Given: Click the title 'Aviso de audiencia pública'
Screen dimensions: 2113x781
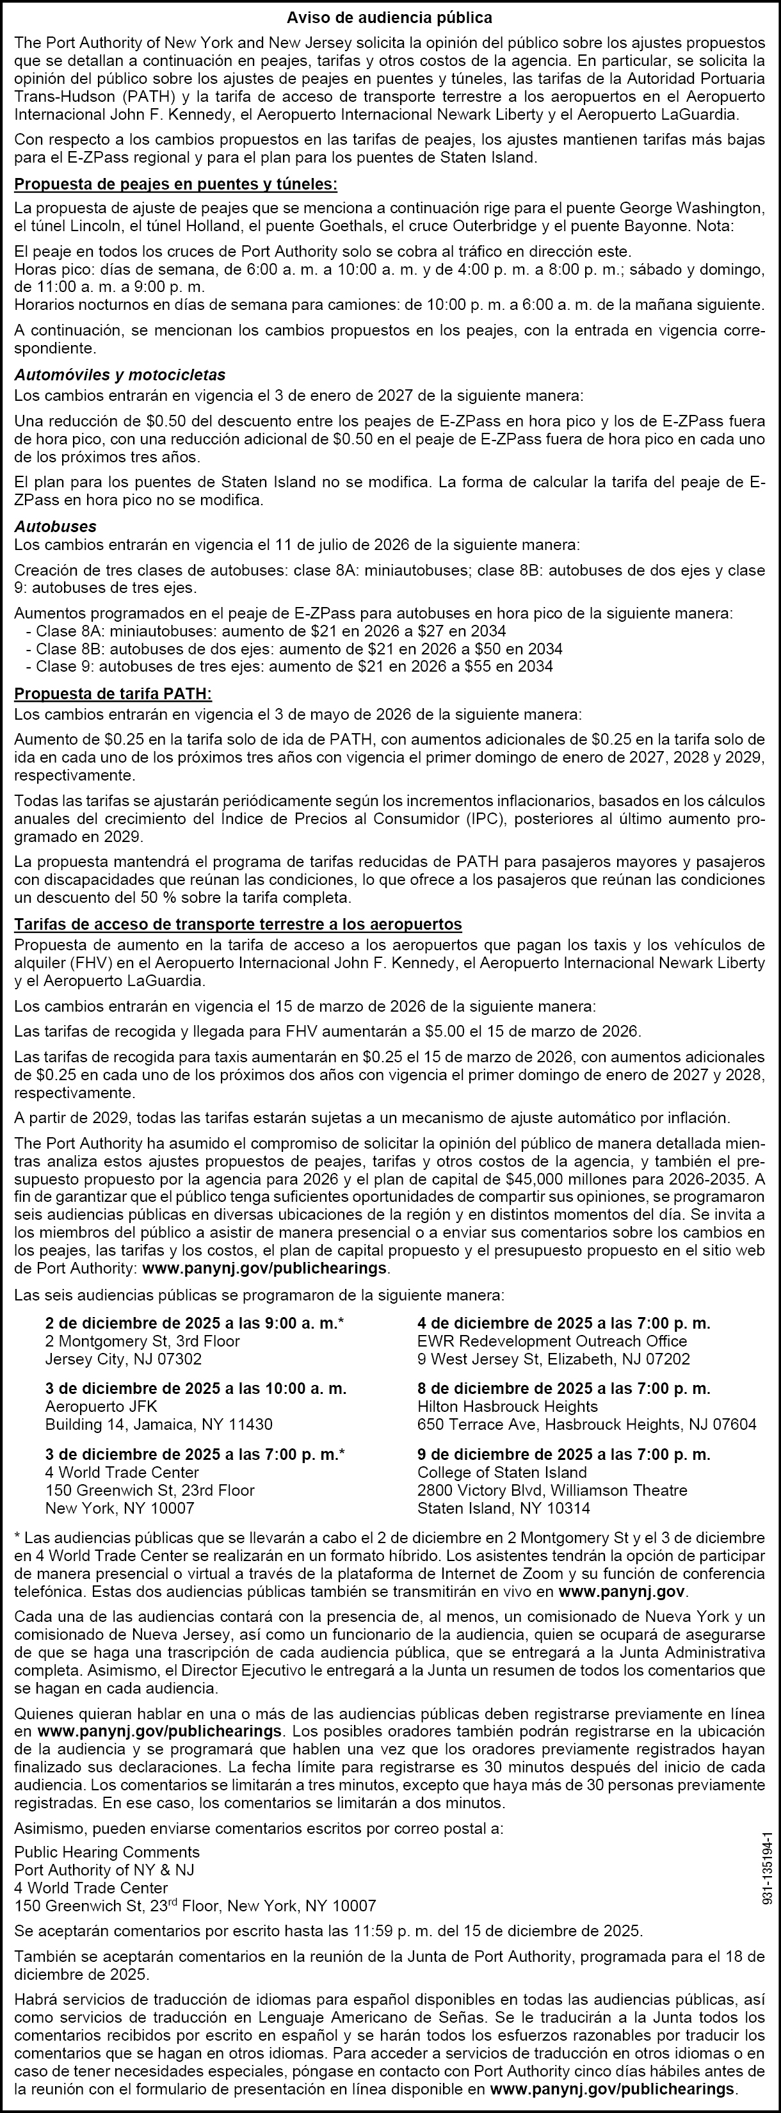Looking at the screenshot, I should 390,17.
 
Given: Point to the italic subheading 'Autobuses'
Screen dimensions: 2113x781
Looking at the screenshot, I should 55,526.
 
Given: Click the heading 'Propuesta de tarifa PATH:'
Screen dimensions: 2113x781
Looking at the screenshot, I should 113,694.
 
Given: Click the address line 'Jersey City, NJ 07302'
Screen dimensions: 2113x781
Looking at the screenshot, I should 123,1359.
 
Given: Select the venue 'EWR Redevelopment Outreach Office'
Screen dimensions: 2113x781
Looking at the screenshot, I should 551,1341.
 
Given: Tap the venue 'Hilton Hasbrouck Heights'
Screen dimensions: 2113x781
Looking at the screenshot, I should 495,1407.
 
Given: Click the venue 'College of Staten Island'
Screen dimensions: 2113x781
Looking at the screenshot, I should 502,1472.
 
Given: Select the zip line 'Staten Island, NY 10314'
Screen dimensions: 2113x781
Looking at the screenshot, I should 503,1509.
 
